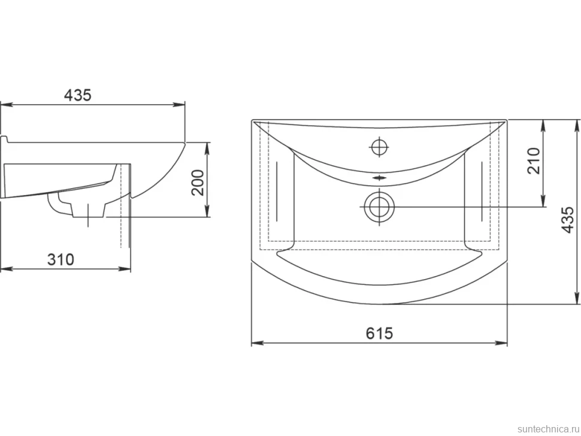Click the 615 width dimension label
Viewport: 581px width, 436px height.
pos(379,333)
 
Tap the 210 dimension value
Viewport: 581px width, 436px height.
pos(534,161)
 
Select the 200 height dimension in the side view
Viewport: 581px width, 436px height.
pos(198,182)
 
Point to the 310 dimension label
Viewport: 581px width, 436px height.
pos(60,259)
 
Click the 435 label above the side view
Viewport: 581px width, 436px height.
pos(78,96)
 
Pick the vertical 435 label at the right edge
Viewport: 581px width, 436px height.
pos(568,220)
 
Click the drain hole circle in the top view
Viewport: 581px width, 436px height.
pos(379,207)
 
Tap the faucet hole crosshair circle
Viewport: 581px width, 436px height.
pos(379,147)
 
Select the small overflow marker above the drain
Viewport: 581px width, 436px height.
pos(379,178)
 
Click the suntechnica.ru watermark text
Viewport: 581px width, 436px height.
pos(547,429)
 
